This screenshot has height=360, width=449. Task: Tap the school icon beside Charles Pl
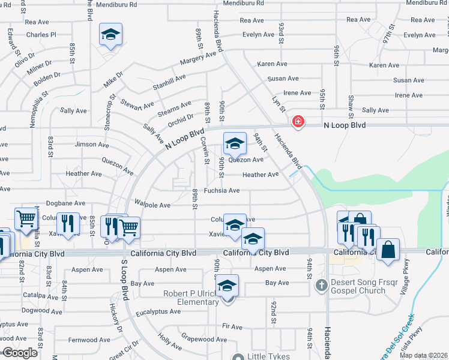coord(110,35)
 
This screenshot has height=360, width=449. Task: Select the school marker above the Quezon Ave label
coord(235,144)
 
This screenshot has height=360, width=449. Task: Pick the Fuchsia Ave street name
coord(221,191)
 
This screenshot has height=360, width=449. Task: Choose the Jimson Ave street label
coord(91,145)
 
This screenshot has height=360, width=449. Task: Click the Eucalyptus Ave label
coord(158,311)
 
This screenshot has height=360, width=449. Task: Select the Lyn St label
coord(277,103)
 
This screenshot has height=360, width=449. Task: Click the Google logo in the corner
coord(20,353)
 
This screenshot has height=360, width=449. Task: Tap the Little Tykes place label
coord(268,356)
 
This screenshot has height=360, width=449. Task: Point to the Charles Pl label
coord(41,35)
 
